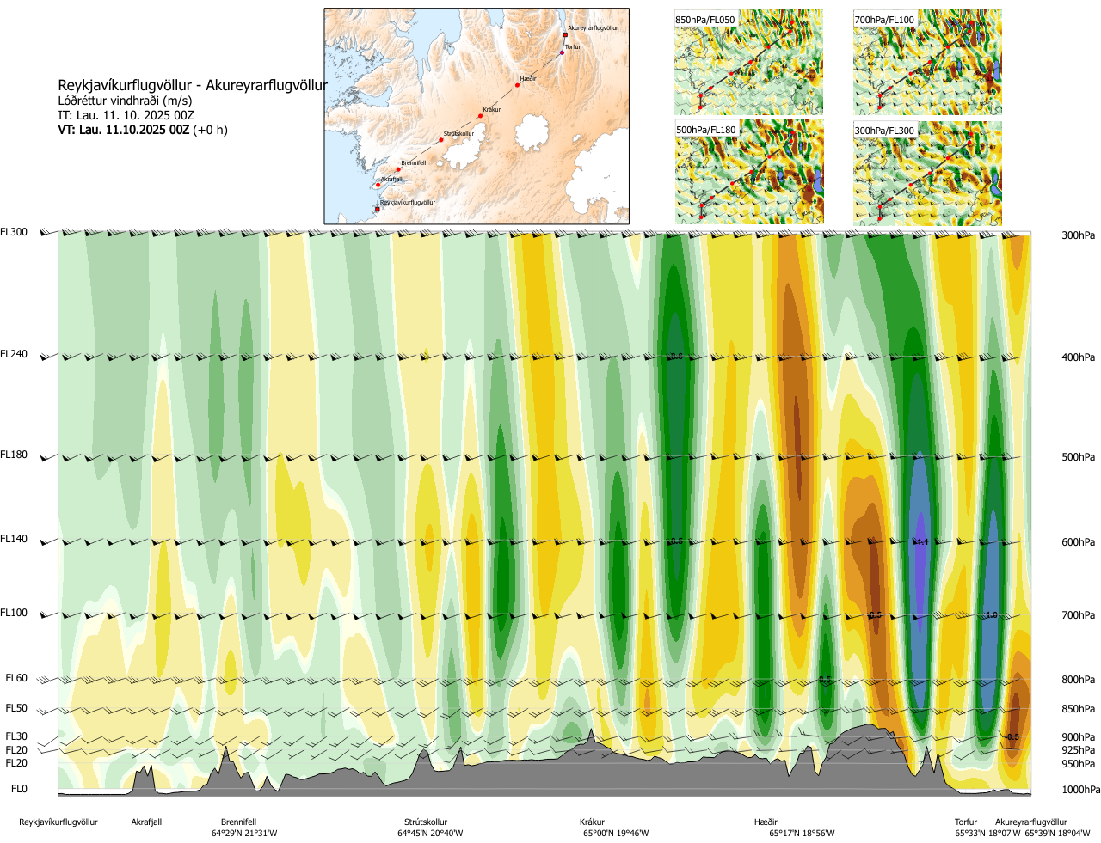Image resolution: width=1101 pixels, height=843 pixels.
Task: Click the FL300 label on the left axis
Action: click(14, 232)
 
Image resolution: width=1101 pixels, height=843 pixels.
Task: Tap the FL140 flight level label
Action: click(14, 539)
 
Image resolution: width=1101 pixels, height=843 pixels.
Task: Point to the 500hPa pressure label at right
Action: click(1078, 457)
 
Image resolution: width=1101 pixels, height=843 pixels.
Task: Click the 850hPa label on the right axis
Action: click(1078, 709)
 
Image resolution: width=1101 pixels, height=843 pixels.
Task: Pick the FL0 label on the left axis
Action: click(19, 789)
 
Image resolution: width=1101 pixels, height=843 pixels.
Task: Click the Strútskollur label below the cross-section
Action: click(426, 822)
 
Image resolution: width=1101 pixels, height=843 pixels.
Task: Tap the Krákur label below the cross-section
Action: click(592, 822)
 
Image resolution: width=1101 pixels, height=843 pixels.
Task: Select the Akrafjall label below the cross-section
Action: click(146, 822)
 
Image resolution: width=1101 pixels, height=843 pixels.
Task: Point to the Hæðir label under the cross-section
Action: click(766, 822)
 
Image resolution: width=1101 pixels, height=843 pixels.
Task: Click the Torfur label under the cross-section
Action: click(966, 822)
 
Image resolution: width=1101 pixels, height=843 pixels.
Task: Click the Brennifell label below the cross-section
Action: click(238, 822)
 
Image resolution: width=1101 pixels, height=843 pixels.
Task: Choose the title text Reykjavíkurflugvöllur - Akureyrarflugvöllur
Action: click(193, 86)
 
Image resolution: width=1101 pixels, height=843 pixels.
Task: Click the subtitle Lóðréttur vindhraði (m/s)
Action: click(125, 101)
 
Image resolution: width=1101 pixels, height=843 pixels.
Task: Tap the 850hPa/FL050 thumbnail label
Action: click(705, 20)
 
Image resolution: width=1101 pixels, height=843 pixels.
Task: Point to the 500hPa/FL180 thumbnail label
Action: click(706, 131)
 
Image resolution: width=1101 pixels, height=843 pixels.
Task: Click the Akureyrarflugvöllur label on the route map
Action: click(593, 28)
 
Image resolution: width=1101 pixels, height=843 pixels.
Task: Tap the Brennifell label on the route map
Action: click(413, 163)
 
